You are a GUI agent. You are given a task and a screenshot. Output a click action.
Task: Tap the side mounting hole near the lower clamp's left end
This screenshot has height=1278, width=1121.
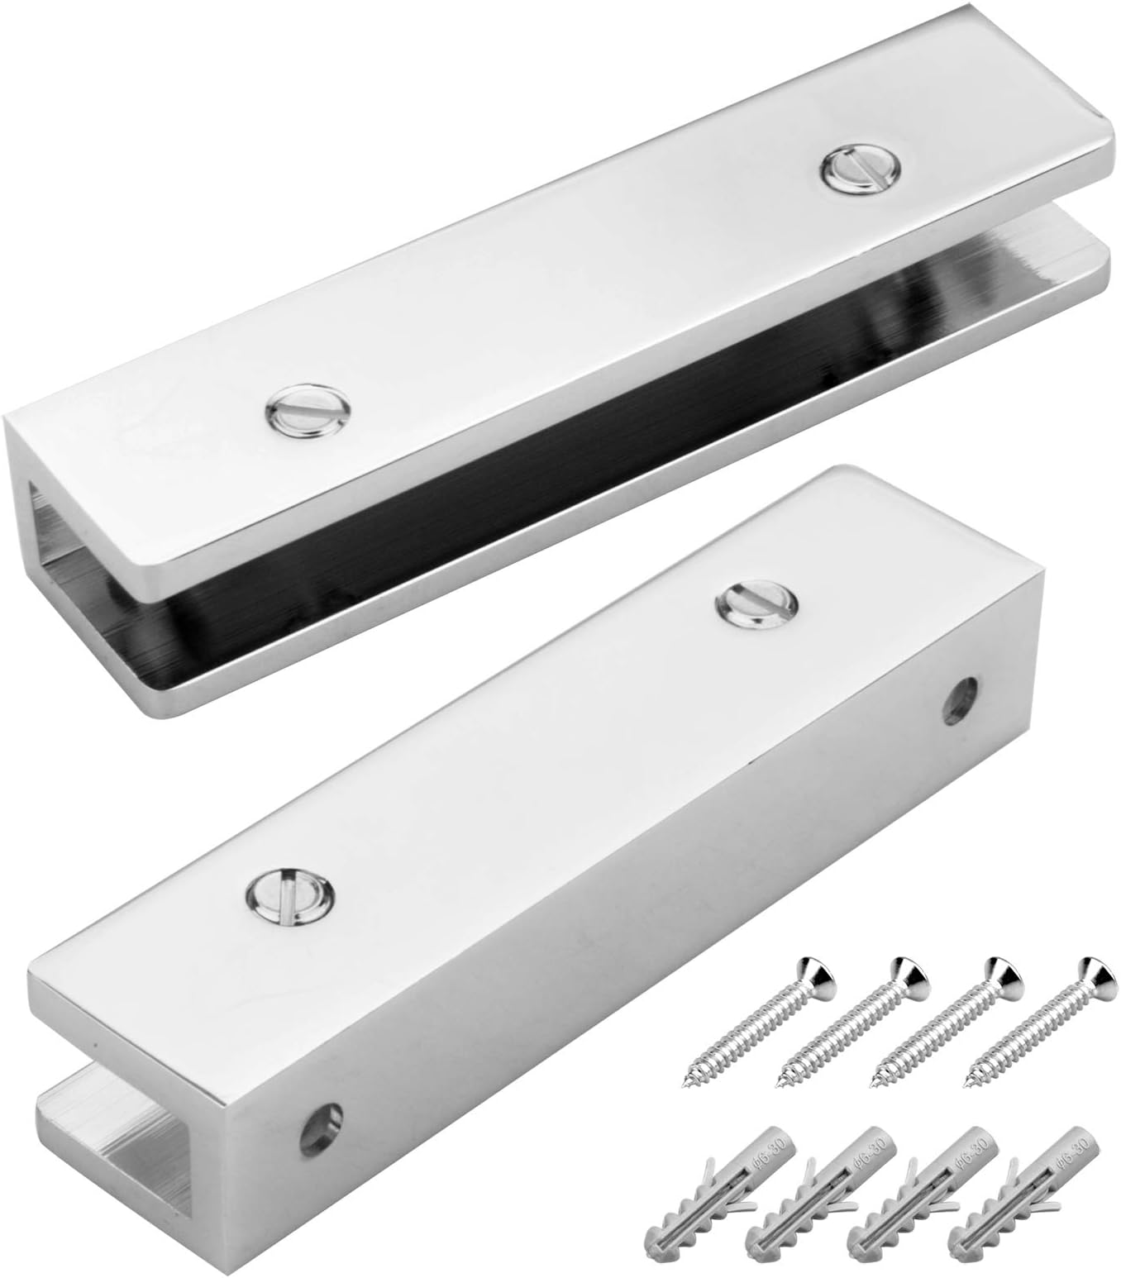tap(322, 1123)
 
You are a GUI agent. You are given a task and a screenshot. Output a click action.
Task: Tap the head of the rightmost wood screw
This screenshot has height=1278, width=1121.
tap(1090, 974)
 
